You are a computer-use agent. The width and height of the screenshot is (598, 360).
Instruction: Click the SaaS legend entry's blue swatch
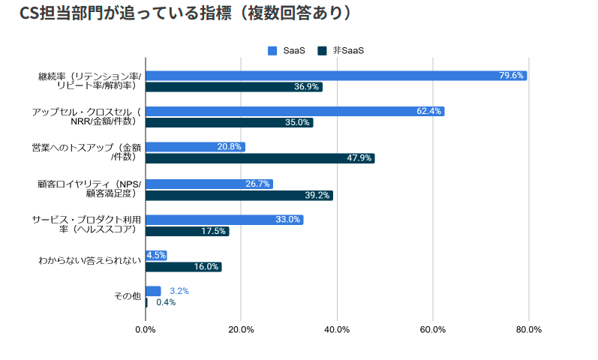[273, 50]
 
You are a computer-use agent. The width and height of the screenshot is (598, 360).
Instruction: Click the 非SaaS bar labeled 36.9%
[233, 87]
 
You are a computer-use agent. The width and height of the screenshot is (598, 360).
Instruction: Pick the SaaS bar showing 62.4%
[294, 111]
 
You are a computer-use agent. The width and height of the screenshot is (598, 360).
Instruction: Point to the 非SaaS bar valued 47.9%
[260, 158]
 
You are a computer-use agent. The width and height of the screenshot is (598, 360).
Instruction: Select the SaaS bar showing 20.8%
[195, 147]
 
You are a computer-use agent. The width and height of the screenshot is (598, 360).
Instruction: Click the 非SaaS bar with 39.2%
[239, 195]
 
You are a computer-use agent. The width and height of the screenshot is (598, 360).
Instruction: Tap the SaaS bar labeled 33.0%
[224, 220]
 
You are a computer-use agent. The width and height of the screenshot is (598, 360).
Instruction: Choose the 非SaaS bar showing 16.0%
[183, 266]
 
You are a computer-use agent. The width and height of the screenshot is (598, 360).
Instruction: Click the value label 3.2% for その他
[179, 291]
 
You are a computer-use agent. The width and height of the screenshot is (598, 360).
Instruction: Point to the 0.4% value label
[166, 302]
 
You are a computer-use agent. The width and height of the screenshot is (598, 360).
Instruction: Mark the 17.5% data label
[213, 231]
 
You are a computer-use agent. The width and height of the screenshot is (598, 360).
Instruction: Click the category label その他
[127, 296]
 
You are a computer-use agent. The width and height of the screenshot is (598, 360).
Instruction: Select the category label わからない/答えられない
[90, 260]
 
